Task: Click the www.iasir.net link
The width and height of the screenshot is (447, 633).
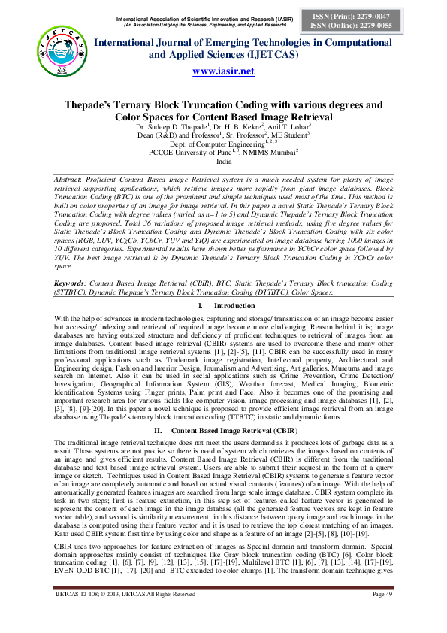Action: [x=223, y=71]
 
